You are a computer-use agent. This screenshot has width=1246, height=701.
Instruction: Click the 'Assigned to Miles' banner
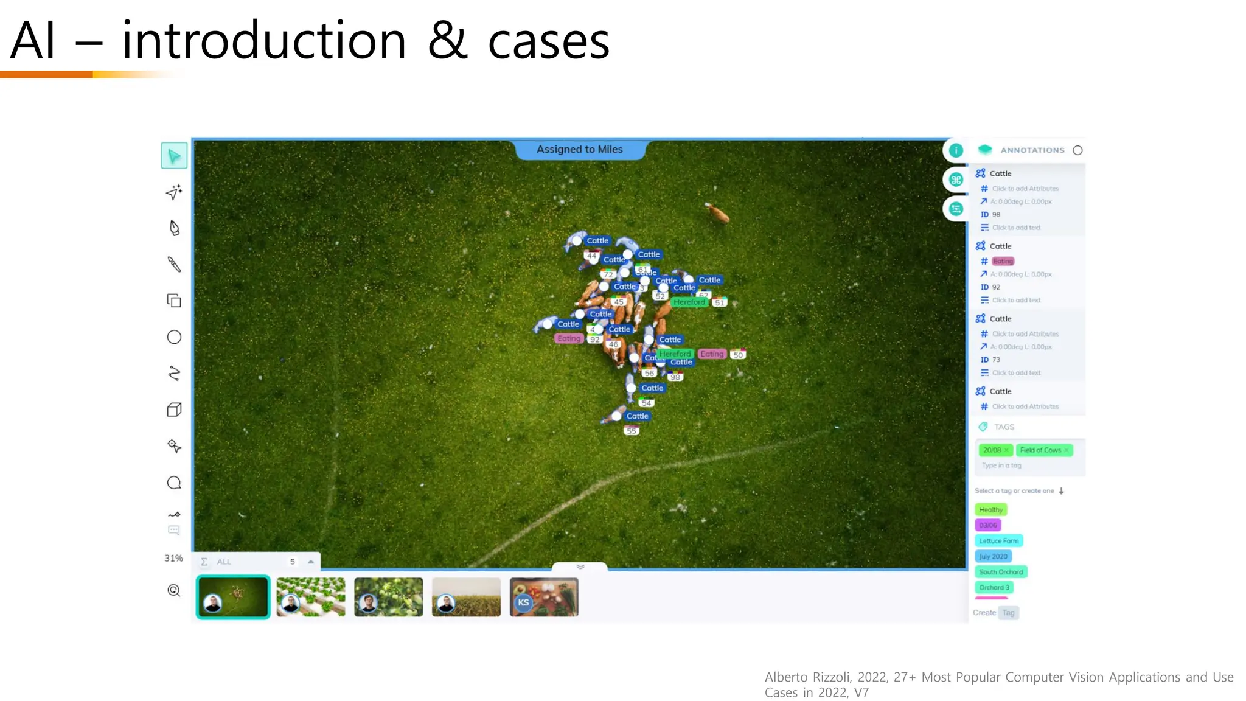click(x=579, y=150)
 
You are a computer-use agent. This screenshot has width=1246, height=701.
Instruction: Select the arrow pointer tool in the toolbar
click(x=174, y=156)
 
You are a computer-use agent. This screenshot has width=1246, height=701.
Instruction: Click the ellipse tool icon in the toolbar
click(x=174, y=337)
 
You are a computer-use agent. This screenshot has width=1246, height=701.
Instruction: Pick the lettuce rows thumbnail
click(x=310, y=597)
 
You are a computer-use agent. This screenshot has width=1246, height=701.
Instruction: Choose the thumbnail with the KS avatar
click(x=544, y=597)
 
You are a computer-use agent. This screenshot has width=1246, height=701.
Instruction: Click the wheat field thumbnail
click(x=466, y=597)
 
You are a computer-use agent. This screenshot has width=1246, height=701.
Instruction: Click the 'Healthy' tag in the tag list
click(x=990, y=510)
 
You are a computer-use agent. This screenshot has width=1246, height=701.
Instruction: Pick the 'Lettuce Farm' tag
click(x=998, y=541)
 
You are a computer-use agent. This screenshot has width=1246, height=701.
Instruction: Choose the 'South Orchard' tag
click(x=1001, y=572)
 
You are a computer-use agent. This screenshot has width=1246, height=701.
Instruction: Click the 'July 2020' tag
click(x=993, y=556)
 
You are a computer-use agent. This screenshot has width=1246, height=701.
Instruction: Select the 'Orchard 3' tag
click(x=994, y=588)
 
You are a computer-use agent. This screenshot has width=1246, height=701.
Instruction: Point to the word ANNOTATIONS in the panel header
click(x=1032, y=150)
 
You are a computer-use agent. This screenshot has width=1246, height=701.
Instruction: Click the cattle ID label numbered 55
click(x=632, y=431)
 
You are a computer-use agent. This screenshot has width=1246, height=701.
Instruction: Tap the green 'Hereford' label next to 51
click(x=689, y=302)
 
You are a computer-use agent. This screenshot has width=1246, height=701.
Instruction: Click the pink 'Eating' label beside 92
click(x=569, y=339)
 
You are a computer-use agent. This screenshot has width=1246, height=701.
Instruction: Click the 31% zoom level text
click(x=173, y=559)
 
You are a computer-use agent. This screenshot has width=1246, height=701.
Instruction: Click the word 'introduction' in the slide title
click(x=263, y=41)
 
